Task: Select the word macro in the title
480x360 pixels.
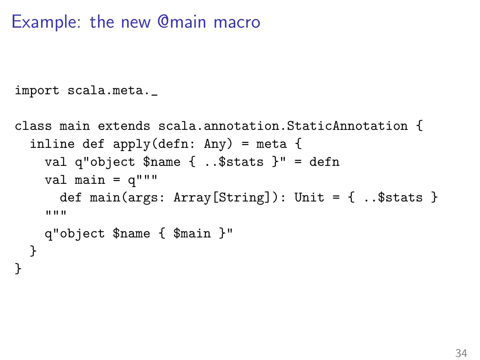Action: click(237, 22)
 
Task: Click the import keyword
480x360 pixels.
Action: click(37, 91)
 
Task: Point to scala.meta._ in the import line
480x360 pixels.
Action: click(113, 91)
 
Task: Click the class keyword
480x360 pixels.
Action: click(33, 126)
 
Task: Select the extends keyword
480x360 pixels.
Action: click(124, 126)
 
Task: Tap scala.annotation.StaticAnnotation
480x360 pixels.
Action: click(283, 126)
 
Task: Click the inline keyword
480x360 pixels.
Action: click(52, 144)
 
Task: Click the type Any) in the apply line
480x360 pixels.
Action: click(218, 144)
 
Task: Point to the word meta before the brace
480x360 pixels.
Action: click(271, 144)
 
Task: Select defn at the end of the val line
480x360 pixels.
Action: click(324, 162)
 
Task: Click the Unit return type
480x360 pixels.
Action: click(309, 198)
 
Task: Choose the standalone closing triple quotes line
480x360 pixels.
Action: click(56, 213)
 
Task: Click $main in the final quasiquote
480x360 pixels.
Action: click(192, 234)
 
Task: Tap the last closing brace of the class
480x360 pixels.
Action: click(18, 268)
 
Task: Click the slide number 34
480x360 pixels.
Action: click(461, 353)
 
